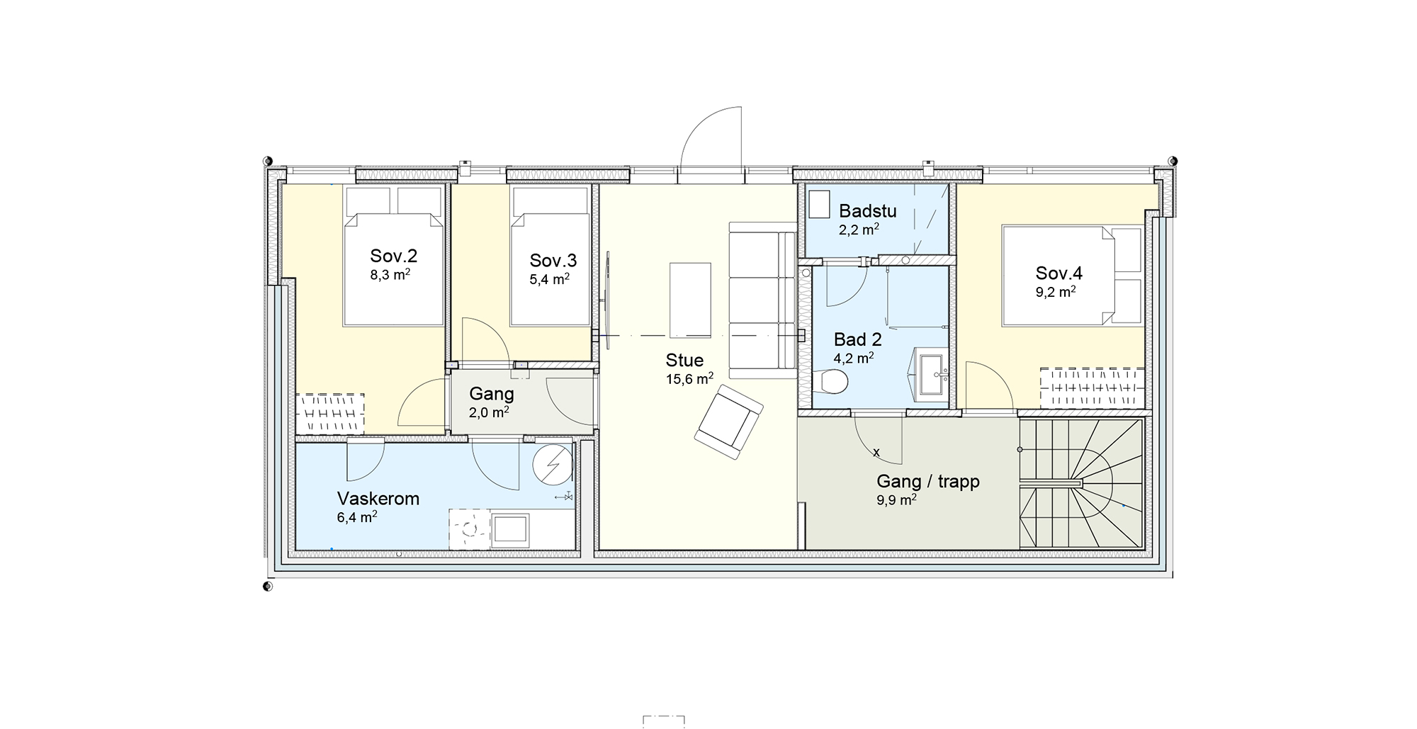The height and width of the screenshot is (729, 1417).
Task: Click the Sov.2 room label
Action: coord(393,256)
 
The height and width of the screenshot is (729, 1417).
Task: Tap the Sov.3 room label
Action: coord(553,260)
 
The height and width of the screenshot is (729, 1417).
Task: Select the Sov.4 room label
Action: coord(1058,273)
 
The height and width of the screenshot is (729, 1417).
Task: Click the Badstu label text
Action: coord(868,210)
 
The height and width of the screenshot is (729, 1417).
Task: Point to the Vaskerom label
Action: coord(378,498)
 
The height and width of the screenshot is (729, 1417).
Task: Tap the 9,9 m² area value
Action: coord(896,499)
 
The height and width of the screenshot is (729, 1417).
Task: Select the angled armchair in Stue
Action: coord(728,422)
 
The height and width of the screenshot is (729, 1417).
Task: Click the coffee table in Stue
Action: coord(690,299)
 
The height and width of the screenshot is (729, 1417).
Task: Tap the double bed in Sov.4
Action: coord(1072,276)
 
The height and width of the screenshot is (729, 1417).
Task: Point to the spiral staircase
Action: coord(1081,483)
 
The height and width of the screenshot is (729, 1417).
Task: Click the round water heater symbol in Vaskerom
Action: coord(553,464)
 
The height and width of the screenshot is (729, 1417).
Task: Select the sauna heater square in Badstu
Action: coord(820,205)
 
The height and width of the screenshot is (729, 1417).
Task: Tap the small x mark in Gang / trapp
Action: coord(876,452)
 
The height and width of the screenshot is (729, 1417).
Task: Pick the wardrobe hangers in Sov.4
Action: coord(1092,388)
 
